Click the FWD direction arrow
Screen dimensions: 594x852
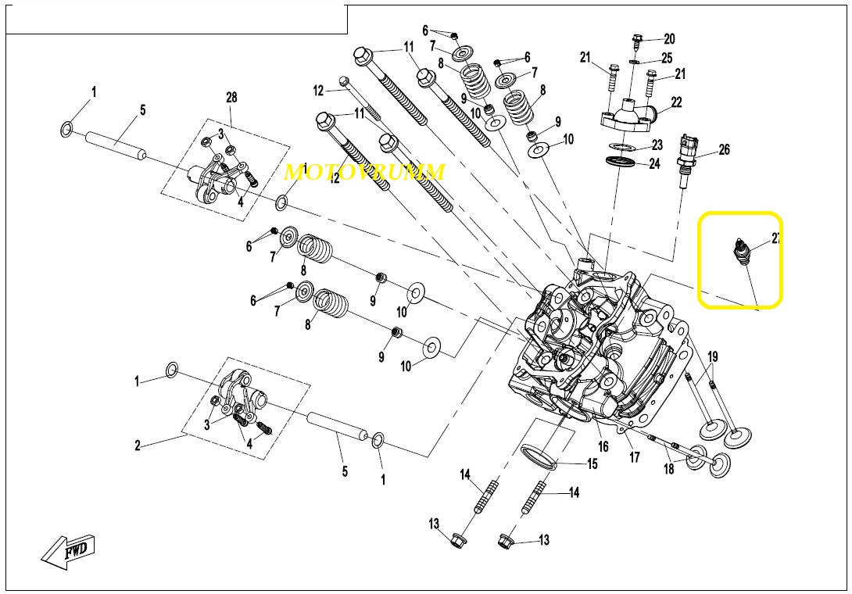click(x=70, y=549)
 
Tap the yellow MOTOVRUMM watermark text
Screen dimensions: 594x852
click(x=364, y=172)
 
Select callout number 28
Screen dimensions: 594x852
click(x=231, y=98)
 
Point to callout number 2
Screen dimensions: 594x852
click(x=138, y=446)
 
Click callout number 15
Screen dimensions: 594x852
click(x=592, y=464)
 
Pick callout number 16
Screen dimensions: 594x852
click(x=603, y=447)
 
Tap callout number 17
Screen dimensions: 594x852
click(x=634, y=457)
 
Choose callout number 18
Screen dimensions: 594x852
click(x=668, y=469)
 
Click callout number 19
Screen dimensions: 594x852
click(x=713, y=357)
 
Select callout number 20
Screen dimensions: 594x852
click(x=669, y=39)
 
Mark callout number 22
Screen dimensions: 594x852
click(x=676, y=102)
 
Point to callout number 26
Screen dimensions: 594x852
click(x=724, y=149)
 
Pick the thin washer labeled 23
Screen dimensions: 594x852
click(x=621, y=146)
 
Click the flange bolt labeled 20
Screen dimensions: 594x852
click(x=636, y=40)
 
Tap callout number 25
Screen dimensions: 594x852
click(x=666, y=58)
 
